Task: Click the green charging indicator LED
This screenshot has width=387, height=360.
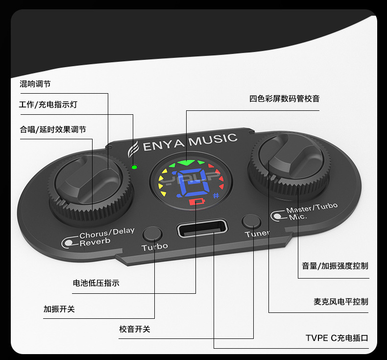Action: click(134, 167)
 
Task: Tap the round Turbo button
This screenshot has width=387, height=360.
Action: click(152, 232)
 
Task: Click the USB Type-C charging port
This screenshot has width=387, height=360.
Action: click(202, 229)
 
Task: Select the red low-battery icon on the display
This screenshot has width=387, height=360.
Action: click(197, 202)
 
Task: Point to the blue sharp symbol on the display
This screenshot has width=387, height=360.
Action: click(216, 195)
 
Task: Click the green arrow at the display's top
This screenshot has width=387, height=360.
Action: click(186, 162)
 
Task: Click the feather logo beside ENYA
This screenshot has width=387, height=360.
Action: click(134, 148)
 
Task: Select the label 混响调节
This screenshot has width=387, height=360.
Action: click(35, 84)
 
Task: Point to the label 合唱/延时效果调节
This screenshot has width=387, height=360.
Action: click(53, 129)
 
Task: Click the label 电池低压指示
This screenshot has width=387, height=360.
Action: click(96, 283)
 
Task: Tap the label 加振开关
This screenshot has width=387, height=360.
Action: click(59, 309)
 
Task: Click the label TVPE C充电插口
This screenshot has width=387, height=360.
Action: click(337, 338)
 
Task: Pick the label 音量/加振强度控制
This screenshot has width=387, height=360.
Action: click(335, 266)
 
